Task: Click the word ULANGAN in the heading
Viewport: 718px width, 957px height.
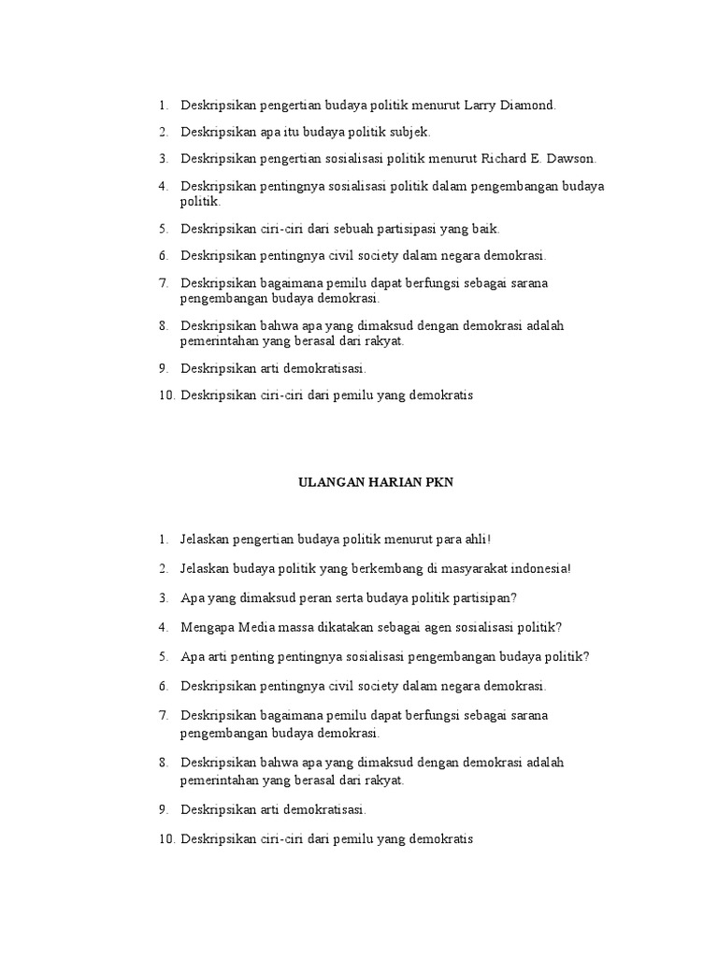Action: tap(326, 482)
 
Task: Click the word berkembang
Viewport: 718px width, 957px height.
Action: tap(368, 568)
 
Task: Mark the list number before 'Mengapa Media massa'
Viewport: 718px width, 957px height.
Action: tap(163, 627)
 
